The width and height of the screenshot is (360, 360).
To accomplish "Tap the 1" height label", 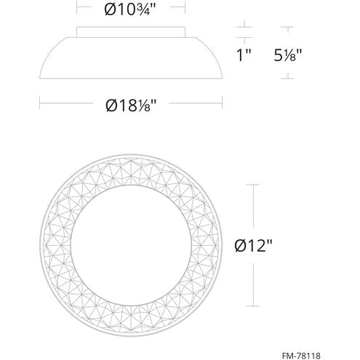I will pos(245,55).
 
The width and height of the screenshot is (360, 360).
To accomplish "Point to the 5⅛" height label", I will pos(288,55).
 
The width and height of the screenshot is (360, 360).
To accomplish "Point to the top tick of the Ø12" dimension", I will pos(252,185).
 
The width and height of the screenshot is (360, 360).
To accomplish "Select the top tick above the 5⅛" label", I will pos(288,28).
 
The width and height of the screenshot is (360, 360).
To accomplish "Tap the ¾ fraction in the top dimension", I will pos(151,12).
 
